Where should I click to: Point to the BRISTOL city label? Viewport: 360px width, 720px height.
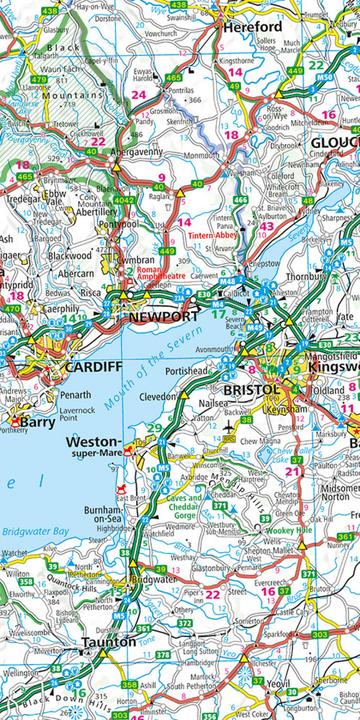252,387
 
